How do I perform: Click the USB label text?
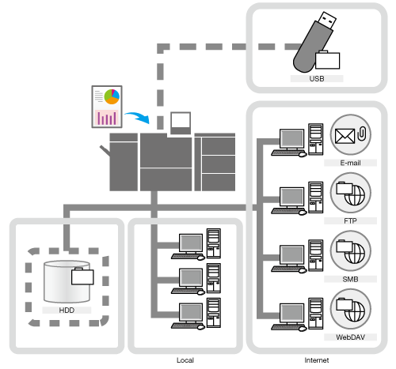317,78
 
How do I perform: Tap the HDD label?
67,310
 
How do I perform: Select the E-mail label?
350,163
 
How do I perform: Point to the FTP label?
350,220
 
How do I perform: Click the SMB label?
350,279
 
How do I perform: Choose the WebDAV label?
350,337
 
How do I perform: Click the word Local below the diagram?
185,360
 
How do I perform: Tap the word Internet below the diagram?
317,360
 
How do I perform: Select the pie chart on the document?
112,96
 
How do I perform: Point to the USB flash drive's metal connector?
327,20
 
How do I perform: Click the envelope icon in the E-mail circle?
345,136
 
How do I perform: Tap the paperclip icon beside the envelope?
362,134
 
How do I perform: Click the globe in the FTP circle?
355,195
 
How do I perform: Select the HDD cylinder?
67,281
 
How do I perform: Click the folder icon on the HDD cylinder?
82,277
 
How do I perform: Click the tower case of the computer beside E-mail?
316,139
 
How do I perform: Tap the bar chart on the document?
107,118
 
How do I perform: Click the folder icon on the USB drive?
327,60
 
